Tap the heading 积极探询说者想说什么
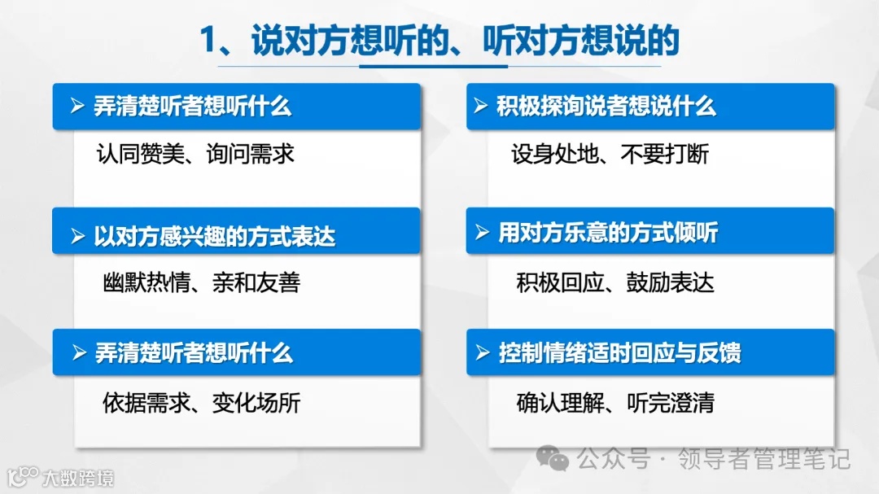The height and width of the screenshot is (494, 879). [606, 107]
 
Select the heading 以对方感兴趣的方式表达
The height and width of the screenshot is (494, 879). [214, 237]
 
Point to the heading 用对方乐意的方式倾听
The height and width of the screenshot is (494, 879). [608, 234]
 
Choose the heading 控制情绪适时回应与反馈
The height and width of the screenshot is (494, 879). [619, 353]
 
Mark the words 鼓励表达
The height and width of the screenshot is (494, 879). [670, 282]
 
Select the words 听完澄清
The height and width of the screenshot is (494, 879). [670, 403]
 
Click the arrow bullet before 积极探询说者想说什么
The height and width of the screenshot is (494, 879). [482, 107]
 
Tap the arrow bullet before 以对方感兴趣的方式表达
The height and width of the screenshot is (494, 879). [77, 237]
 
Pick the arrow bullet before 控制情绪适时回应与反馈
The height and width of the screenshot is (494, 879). [482, 353]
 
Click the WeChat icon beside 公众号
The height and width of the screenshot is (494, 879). [558, 461]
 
